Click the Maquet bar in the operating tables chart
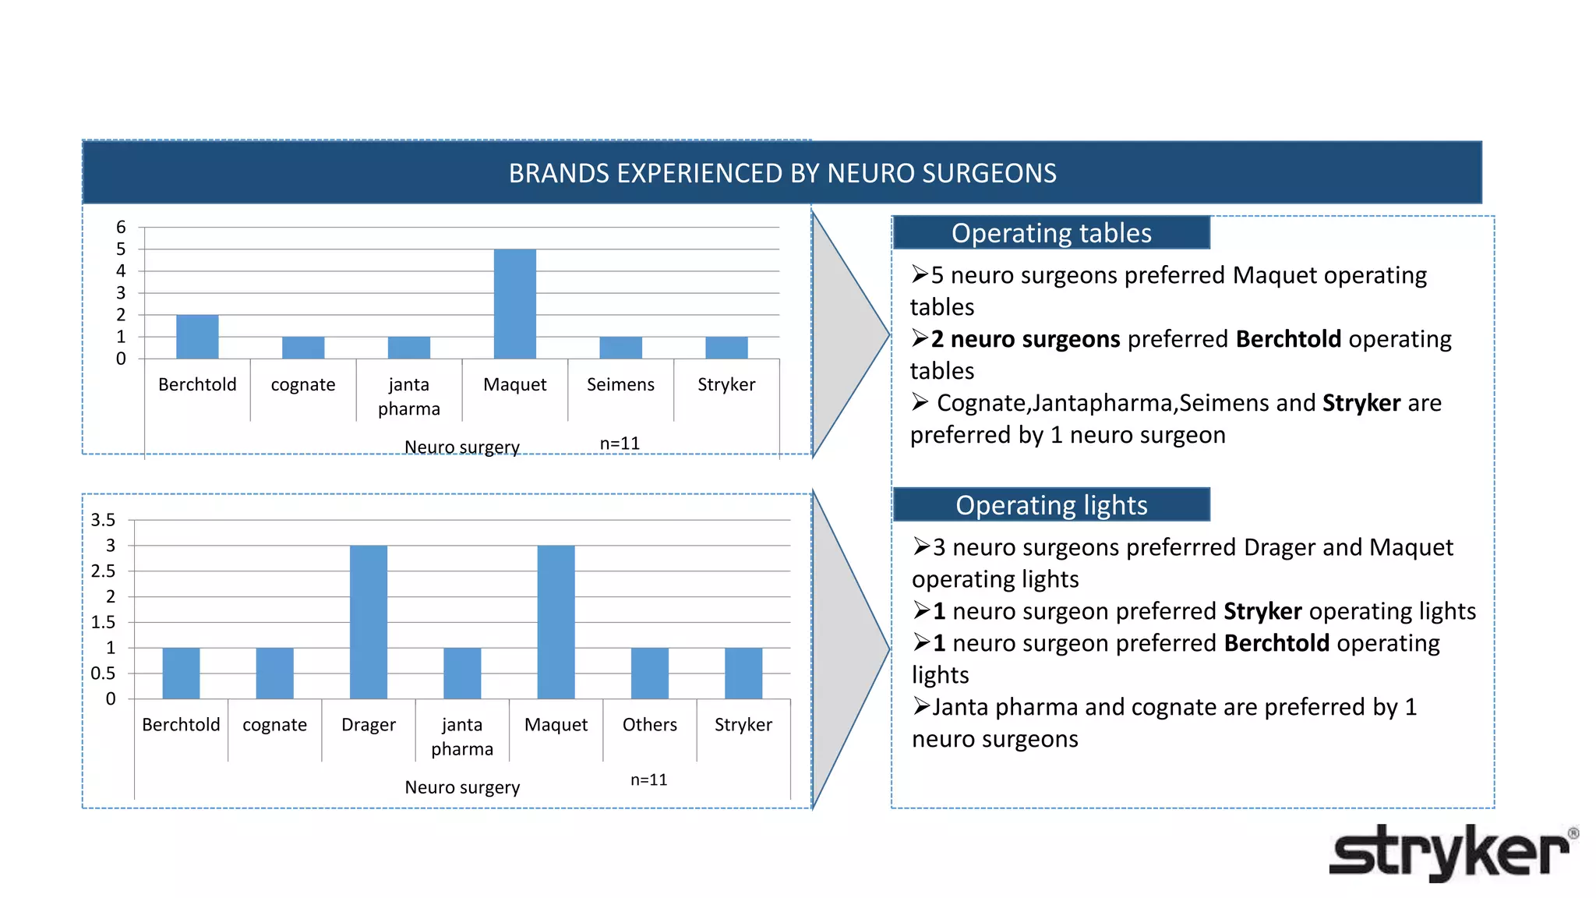click(x=514, y=304)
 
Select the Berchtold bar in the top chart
click(x=197, y=337)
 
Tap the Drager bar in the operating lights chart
click(x=369, y=622)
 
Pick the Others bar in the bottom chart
click(x=649, y=673)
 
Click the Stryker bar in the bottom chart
click(x=743, y=673)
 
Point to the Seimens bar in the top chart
click(x=620, y=348)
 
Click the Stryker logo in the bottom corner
click(x=1451, y=853)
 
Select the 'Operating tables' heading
click(x=1050, y=233)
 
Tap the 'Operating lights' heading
click(x=1050, y=505)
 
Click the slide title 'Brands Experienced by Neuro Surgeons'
click(x=782, y=173)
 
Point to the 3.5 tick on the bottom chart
click(x=103, y=520)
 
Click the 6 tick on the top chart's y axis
click(x=121, y=228)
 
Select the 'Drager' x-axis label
click(x=369, y=725)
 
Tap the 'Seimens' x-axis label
click(x=620, y=385)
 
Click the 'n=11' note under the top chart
click(x=620, y=444)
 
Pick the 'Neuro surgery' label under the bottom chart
click(x=462, y=787)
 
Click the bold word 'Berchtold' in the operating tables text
click(x=1288, y=339)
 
